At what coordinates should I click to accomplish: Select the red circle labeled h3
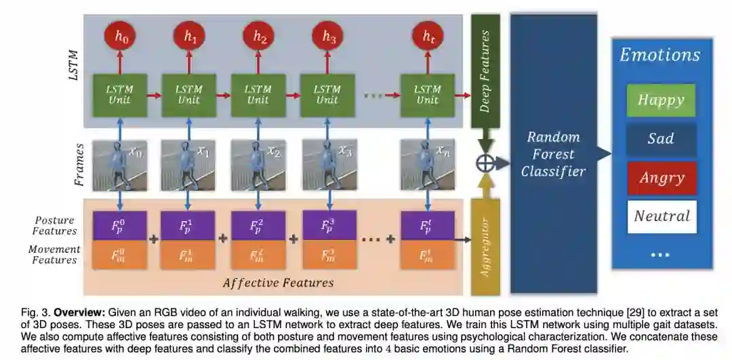point(329,39)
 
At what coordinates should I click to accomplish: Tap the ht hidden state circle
point(428,39)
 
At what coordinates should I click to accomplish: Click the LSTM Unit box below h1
point(188,95)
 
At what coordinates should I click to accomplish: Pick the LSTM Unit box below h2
point(259,95)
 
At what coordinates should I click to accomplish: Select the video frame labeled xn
point(427,165)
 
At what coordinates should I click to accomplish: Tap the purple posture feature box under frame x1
point(188,225)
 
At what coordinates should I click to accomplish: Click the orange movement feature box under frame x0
point(119,256)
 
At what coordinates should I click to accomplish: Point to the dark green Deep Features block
point(485,75)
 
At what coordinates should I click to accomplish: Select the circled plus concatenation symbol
point(485,163)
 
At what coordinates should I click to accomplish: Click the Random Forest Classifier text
point(553,154)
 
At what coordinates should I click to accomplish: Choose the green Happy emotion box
point(661,100)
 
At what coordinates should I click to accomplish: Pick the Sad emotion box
point(661,139)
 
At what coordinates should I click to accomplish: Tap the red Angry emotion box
point(661,178)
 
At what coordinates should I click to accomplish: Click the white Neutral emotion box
point(661,216)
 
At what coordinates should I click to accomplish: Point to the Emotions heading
point(659,55)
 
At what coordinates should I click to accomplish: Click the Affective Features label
point(278,283)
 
